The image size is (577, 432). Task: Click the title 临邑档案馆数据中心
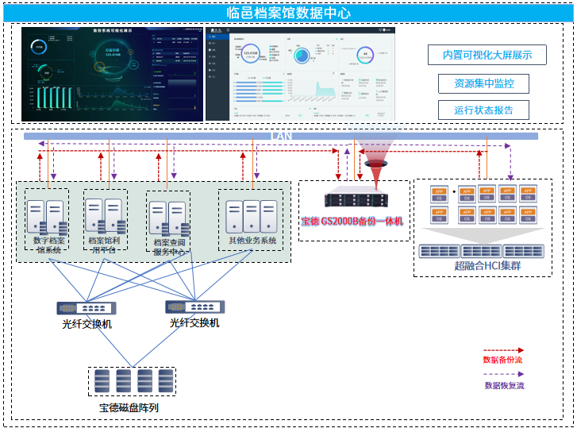click(x=288, y=12)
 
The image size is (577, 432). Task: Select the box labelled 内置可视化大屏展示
click(x=487, y=55)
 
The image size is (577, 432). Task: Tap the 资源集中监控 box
click(x=484, y=83)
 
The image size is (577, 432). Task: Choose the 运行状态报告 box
click(x=484, y=110)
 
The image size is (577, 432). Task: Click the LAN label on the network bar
click(x=282, y=137)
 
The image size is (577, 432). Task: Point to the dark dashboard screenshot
click(x=110, y=74)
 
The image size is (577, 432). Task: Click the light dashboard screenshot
click(x=300, y=74)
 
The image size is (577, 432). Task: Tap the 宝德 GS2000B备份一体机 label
click(x=352, y=220)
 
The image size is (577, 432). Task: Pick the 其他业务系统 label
click(x=252, y=241)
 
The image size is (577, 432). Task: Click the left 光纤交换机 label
click(x=87, y=324)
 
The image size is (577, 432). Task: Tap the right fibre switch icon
click(x=194, y=307)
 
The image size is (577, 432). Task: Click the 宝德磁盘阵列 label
click(x=129, y=408)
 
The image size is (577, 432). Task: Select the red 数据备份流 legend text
click(x=503, y=360)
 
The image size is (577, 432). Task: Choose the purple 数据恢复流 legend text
click(x=504, y=385)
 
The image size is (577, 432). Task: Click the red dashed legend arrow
click(x=503, y=349)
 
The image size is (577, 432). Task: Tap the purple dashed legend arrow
click(x=503, y=374)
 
